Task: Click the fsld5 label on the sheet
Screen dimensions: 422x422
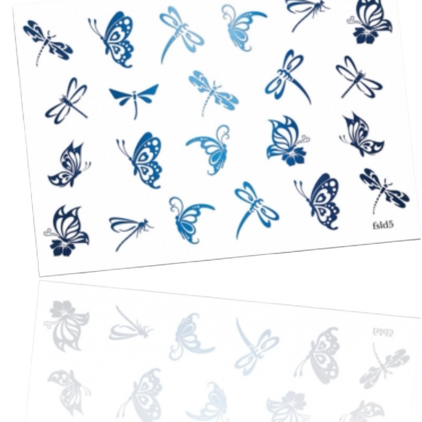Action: point(383,225)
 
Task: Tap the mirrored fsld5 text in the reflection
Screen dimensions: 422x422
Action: point(383,333)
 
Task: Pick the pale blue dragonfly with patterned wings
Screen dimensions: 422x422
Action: point(213,92)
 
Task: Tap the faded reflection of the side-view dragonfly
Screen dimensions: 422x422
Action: point(131,324)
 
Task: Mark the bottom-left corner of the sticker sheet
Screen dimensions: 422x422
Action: point(39,276)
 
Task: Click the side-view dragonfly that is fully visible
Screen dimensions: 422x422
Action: point(131,232)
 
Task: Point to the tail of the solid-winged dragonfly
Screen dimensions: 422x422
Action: point(135,109)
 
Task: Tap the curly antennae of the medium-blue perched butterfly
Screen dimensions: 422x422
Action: point(304,140)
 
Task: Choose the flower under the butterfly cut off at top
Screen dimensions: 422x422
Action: point(364,37)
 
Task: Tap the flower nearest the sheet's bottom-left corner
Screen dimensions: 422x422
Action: point(62,248)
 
